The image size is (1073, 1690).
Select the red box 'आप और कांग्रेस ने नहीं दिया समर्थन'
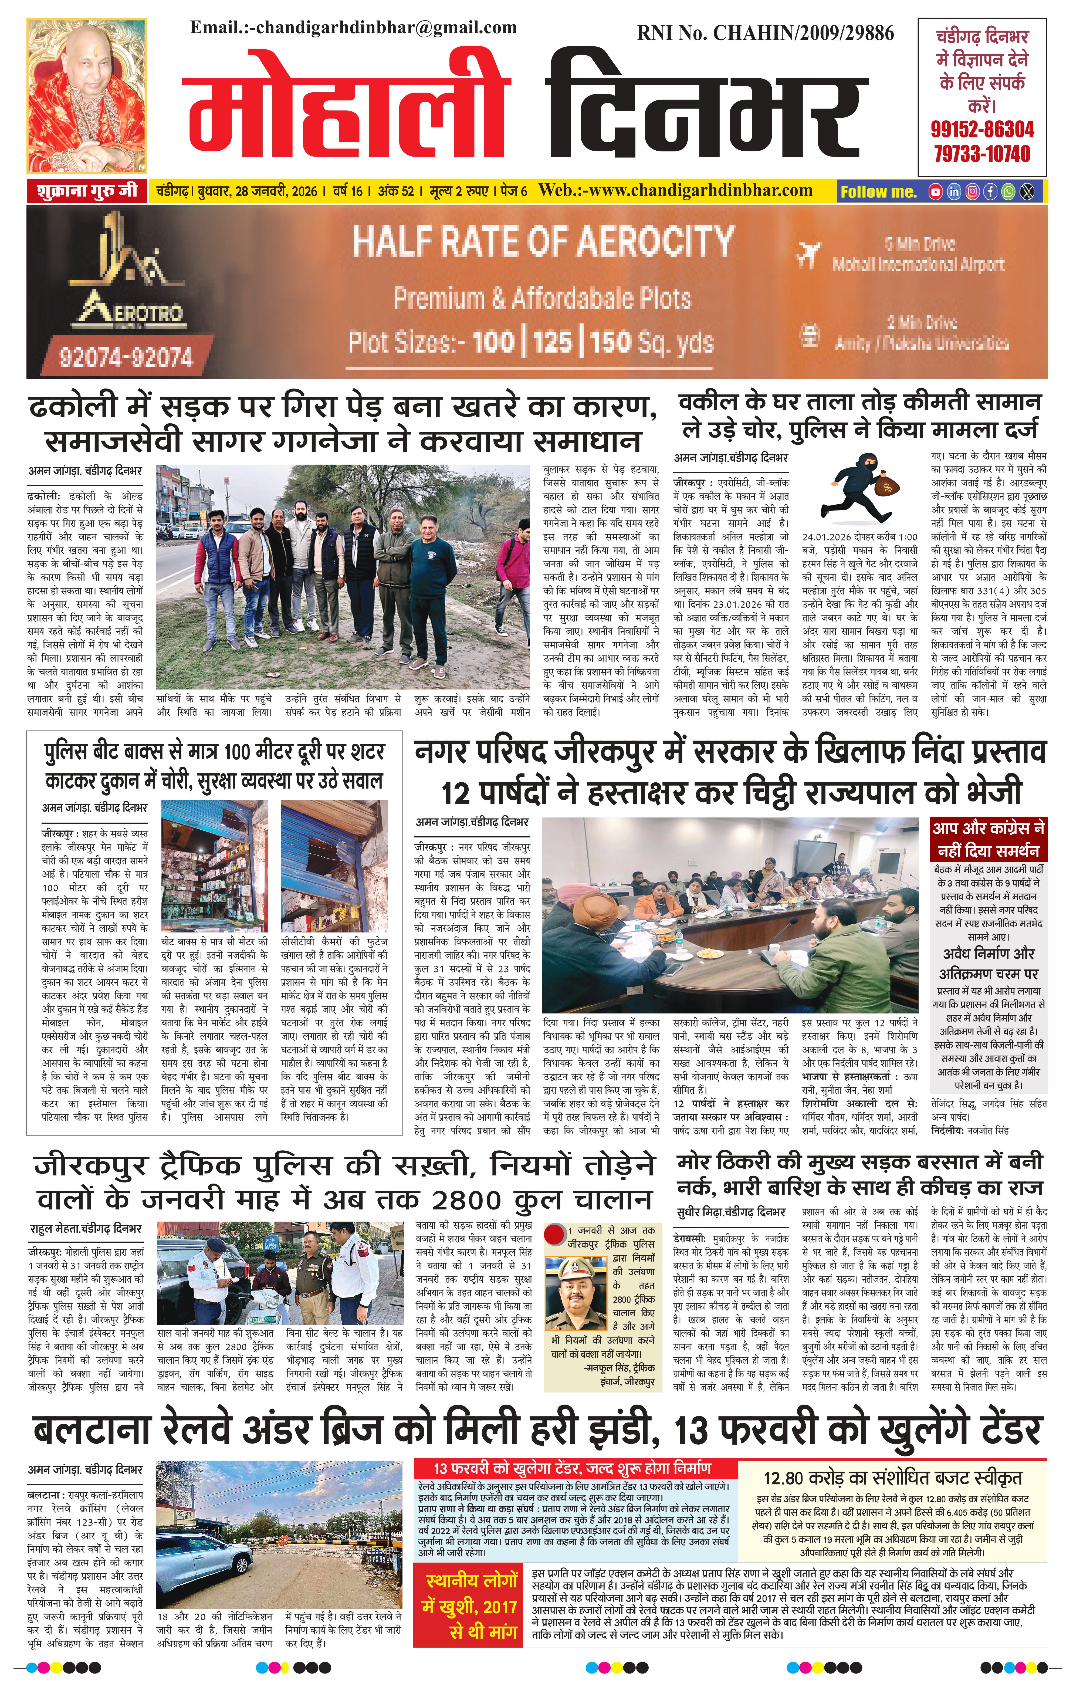[x=988, y=839]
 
